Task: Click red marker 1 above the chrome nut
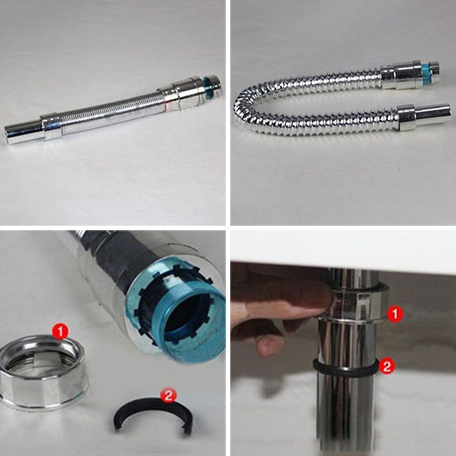point(60,332)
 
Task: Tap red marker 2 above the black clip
point(168,395)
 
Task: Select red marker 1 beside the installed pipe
point(395,313)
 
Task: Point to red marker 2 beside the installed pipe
point(387,366)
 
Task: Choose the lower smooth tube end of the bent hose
point(433,114)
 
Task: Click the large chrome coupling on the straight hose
point(180,94)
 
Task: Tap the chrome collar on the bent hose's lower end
point(407,117)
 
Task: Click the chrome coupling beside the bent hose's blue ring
point(401,75)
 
